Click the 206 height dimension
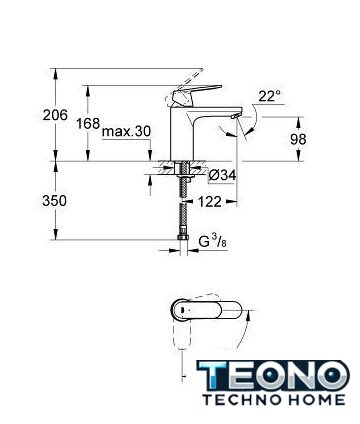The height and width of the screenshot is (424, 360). pos(55,115)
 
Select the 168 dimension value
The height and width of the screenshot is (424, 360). pos(88,124)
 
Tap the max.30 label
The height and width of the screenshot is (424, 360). pos(126,131)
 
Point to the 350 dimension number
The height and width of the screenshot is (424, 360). pos(54,201)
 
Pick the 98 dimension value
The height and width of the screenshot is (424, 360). pos(298,139)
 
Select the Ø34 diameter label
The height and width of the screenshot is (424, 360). pos(223,176)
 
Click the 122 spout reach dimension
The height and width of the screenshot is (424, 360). pos(210,202)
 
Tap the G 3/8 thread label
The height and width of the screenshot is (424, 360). pos(213,242)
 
